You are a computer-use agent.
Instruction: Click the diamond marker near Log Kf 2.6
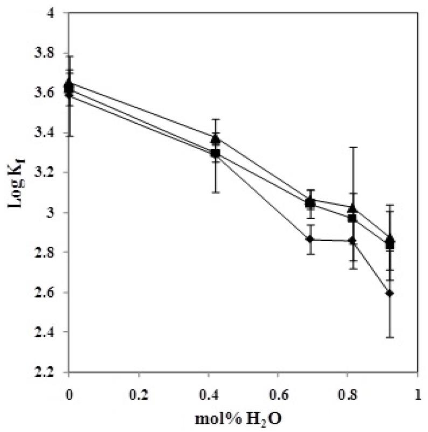point(390,293)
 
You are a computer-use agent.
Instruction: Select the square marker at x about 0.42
point(216,154)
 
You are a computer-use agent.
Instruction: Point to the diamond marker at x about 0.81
point(352,240)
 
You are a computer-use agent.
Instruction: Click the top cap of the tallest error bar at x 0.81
point(352,147)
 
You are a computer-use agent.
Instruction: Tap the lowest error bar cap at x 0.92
point(390,337)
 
